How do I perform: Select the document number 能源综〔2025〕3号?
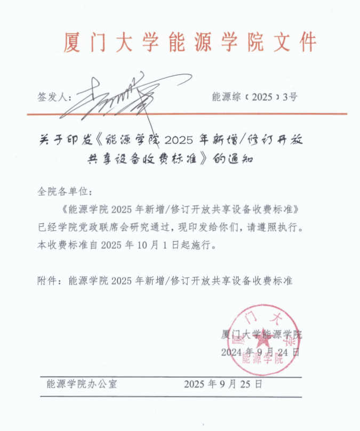(x=254, y=97)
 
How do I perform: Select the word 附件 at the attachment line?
(x=50, y=280)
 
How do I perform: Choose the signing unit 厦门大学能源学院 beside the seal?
(x=261, y=335)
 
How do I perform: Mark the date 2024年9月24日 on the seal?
(x=260, y=352)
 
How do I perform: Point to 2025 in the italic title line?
(x=180, y=141)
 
